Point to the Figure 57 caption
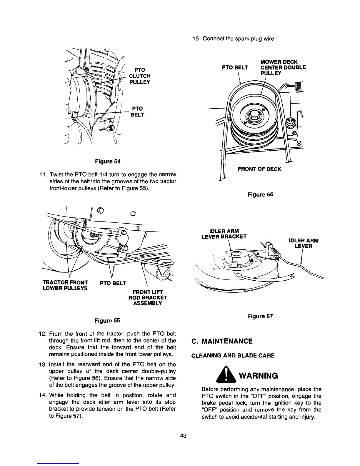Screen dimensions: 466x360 pos(260,316)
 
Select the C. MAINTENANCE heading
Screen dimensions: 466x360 pos(222,341)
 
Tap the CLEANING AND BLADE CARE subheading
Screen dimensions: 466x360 pos(233,355)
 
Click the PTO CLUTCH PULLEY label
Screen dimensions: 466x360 pos(140,76)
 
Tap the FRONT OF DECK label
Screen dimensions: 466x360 pos(259,169)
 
